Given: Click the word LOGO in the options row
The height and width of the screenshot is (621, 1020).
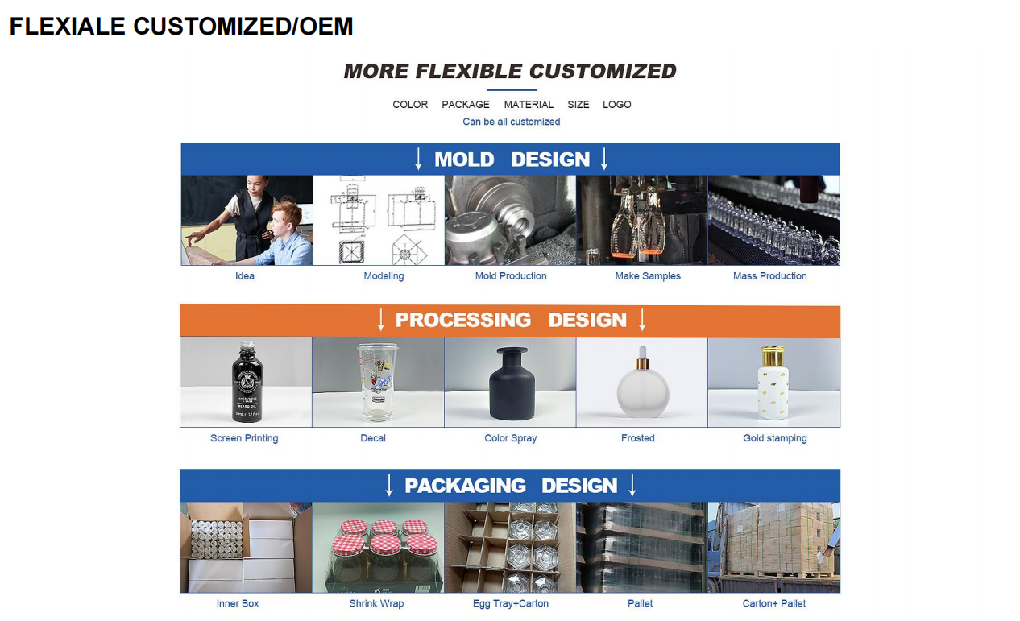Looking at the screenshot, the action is point(616,104).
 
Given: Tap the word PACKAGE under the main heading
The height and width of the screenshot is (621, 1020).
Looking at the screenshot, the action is point(466,104).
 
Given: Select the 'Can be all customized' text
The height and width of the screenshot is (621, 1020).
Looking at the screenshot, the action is point(511,122).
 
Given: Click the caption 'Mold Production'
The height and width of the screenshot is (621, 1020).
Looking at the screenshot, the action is point(511,276).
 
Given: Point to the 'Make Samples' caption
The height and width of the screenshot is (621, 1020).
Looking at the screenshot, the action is point(648,276).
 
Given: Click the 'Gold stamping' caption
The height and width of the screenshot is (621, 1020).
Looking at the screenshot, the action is point(774,438).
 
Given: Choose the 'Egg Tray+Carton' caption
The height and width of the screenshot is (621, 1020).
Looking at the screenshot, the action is point(511,604).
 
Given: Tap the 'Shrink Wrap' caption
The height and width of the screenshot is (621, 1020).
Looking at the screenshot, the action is point(376,604).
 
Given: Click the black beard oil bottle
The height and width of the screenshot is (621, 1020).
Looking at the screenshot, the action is point(247,383).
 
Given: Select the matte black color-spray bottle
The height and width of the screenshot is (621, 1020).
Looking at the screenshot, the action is point(511,383).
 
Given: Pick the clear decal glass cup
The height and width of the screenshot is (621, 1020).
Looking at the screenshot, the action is point(378,383).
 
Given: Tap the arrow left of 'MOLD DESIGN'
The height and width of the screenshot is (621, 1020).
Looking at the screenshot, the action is point(418,159).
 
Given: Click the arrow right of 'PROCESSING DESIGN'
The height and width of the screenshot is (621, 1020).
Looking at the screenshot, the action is point(642,320).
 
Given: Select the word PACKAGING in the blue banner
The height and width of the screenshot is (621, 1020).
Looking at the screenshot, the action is point(465,486).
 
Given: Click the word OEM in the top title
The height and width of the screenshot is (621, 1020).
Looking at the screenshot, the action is point(326,26).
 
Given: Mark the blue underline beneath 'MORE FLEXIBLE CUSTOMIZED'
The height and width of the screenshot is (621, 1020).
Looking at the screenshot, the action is point(512,90).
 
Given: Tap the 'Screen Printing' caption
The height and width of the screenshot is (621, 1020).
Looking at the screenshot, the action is point(244,438).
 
